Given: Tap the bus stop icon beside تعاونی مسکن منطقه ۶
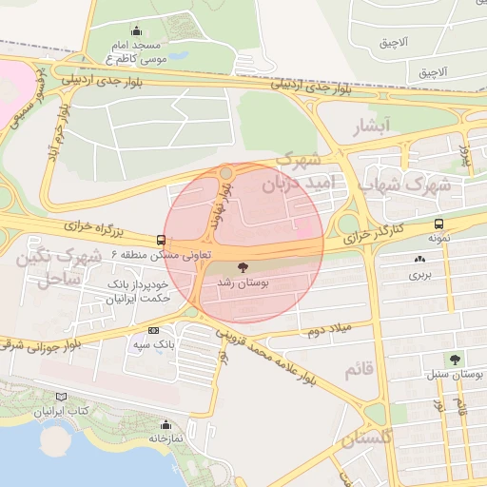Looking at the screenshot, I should (x=161, y=240).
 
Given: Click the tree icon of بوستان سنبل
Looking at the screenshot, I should (x=454, y=359).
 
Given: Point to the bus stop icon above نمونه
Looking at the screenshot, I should (x=438, y=224).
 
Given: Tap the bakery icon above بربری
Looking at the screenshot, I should (x=419, y=259).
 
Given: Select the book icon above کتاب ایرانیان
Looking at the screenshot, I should (x=62, y=397).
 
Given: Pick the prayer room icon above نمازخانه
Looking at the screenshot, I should (x=166, y=424).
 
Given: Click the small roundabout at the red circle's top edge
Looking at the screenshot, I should (x=225, y=172).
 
